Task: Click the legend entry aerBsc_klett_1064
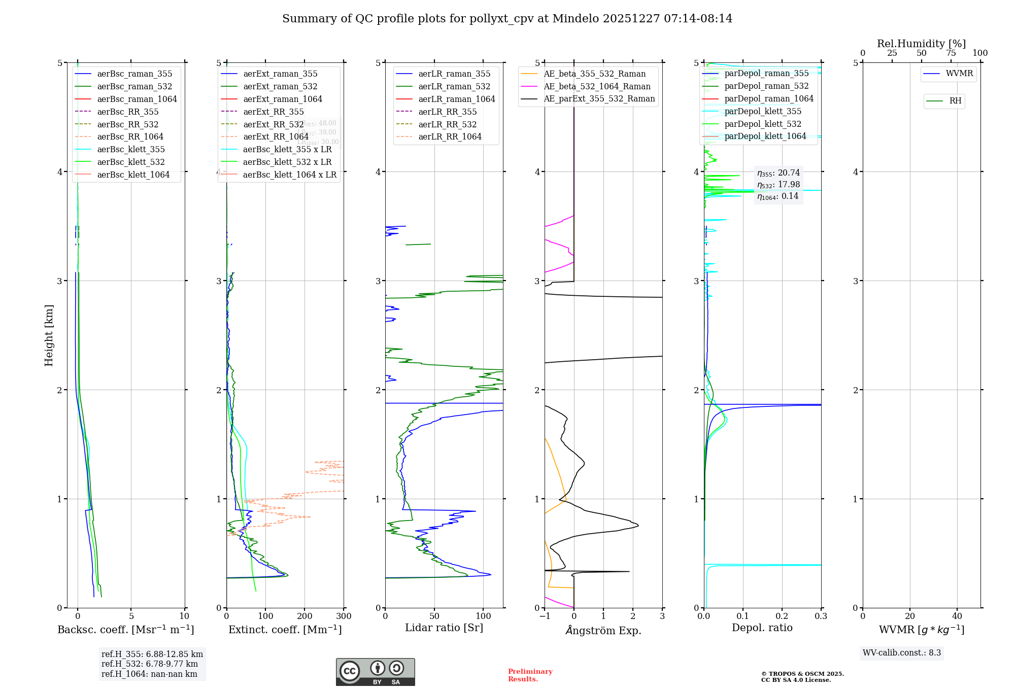(133, 175)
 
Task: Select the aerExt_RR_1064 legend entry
(276, 136)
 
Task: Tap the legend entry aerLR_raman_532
(454, 86)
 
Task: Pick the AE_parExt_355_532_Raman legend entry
(599, 98)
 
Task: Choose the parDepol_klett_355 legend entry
(762, 111)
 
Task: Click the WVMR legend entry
(959, 74)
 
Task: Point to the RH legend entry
(955, 101)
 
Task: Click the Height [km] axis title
(49, 335)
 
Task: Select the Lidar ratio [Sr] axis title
(444, 628)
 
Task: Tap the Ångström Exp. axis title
(603, 630)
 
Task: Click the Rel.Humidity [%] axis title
(921, 44)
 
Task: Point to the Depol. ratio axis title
(762, 628)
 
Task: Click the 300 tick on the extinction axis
(344, 616)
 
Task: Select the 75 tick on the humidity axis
(951, 53)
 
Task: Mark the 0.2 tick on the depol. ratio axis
(782, 616)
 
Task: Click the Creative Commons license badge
(375, 672)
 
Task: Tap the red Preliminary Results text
(530, 675)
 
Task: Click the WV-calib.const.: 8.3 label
(901, 653)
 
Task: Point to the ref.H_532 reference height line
(149, 664)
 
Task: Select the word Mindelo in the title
(576, 19)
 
